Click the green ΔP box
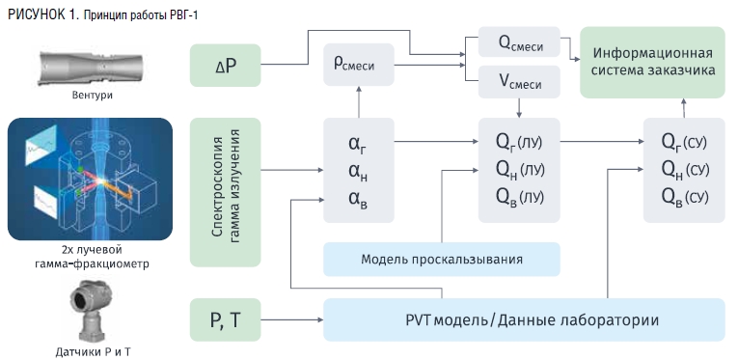coord(225,66)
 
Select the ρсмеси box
coord(359,65)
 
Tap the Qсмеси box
coord(519,42)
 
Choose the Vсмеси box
coord(519,82)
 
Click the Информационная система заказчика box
coord(652,62)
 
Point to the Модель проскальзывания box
coord(442,260)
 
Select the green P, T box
coord(225,319)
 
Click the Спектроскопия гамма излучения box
coord(225,192)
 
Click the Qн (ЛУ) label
coord(520,169)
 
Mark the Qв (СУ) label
coord(685,197)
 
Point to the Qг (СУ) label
coord(684,141)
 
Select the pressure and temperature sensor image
coord(91,310)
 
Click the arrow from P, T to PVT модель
coord(291,320)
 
